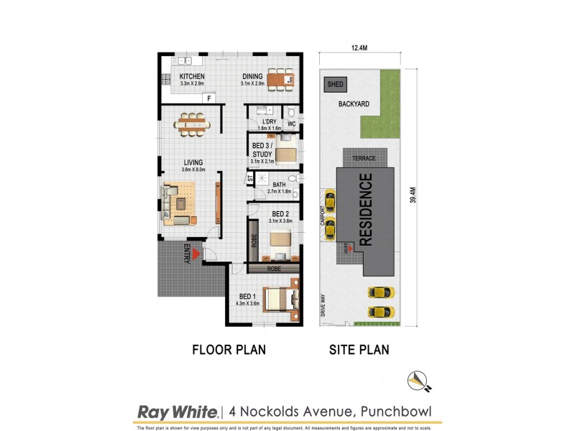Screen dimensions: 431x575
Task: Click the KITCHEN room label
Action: (192, 77)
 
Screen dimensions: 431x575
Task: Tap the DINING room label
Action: (252, 77)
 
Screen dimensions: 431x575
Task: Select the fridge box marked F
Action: (208, 98)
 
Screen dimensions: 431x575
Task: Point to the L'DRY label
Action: (270, 122)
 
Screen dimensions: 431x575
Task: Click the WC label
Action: (292, 124)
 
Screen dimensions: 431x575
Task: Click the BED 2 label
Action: (280, 214)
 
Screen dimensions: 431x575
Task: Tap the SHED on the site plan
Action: (336, 85)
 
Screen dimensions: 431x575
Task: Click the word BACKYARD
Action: (354, 104)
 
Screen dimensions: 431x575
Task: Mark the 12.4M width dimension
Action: (359, 49)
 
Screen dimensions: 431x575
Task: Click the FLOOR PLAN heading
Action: (229, 351)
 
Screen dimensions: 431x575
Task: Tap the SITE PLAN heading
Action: (359, 351)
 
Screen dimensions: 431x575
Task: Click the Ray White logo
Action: (177, 412)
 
